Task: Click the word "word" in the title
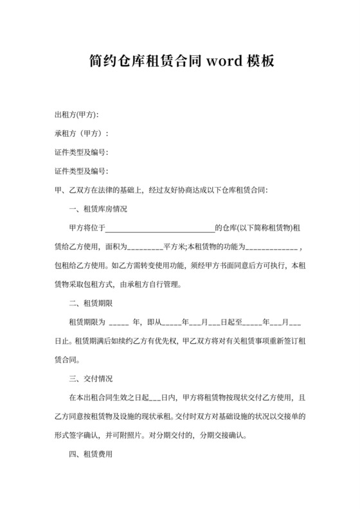click(224, 62)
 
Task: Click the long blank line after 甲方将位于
click(159, 228)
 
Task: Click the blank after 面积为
click(142, 247)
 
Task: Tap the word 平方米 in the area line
click(175, 247)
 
